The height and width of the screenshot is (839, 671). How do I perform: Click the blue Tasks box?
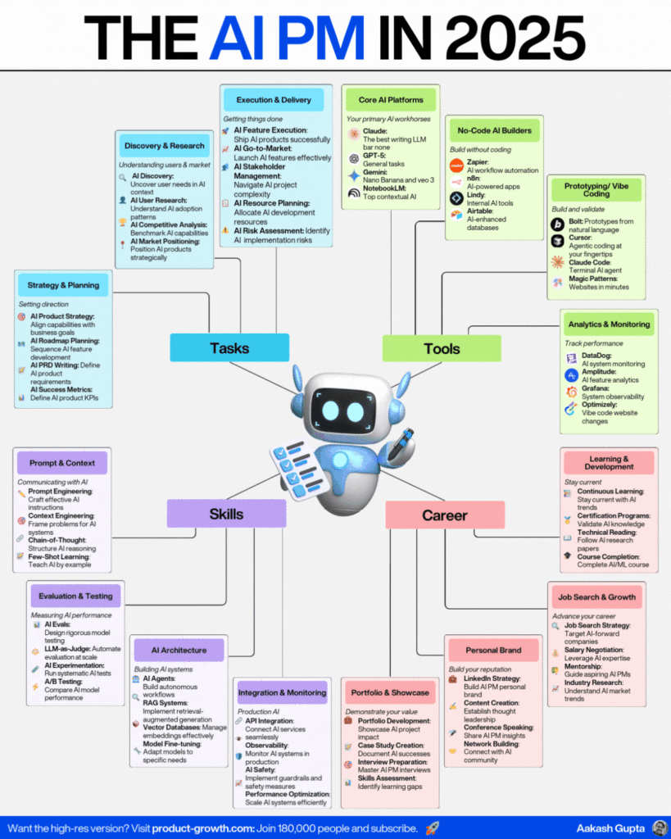(x=229, y=347)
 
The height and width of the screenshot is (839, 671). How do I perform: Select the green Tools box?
(x=442, y=347)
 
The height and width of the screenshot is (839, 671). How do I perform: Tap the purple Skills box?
(x=226, y=514)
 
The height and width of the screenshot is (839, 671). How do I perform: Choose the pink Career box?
(x=444, y=515)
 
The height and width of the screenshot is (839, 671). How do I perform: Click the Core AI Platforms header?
(x=391, y=100)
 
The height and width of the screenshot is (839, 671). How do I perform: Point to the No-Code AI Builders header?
(x=494, y=130)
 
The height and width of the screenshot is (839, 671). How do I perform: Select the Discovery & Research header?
(x=165, y=146)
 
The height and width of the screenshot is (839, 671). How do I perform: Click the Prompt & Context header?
(x=62, y=462)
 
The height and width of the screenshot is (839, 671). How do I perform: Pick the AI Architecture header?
(x=179, y=650)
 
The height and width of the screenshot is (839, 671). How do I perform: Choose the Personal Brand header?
(x=493, y=650)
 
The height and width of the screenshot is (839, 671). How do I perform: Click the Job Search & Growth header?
(x=596, y=596)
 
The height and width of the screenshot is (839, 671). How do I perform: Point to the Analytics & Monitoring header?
(x=608, y=324)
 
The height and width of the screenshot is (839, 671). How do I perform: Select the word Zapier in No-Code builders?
(x=478, y=161)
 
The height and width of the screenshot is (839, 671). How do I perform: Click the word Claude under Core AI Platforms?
(x=375, y=130)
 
